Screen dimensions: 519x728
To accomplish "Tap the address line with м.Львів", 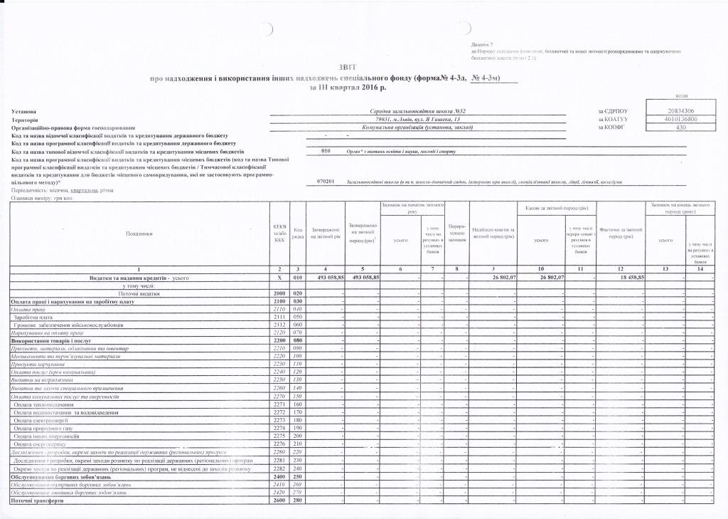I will pyautogui.click(x=417, y=120).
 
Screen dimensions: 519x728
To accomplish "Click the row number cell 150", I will pyautogui.click(x=298, y=396).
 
